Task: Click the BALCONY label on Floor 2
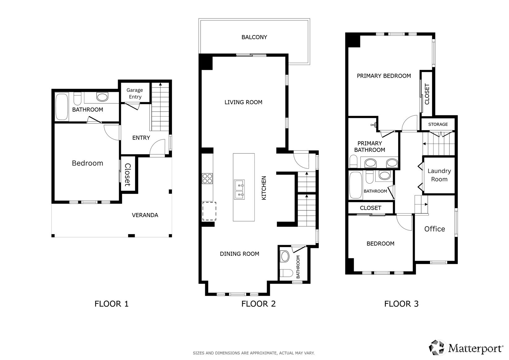pyautogui.click(x=254, y=37)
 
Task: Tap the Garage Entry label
pyautogui.click(x=135, y=93)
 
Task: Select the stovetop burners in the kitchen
pyautogui.click(x=207, y=178)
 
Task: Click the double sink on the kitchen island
pyautogui.click(x=239, y=189)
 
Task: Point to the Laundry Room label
pyautogui.click(x=439, y=175)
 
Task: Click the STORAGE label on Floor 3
pyautogui.click(x=438, y=124)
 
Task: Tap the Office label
pyautogui.click(x=435, y=229)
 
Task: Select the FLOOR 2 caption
pyautogui.click(x=258, y=304)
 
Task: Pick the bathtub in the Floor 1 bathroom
pyautogui.click(x=62, y=107)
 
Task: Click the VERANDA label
pyautogui.click(x=145, y=215)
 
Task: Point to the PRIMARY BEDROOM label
pyautogui.click(x=384, y=76)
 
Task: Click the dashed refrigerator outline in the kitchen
pyautogui.click(x=209, y=211)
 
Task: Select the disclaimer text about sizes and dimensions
pyautogui.click(x=254, y=353)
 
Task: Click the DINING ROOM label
pyautogui.click(x=240, y=254)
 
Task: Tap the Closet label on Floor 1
pyautogui.click(x=128, y=175)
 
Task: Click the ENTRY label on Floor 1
pyautogui.click(x=141, y=138)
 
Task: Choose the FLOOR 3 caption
pyautogui.click(x=401, y=304)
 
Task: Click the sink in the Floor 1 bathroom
pyautogui.click(x=102, y=97)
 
